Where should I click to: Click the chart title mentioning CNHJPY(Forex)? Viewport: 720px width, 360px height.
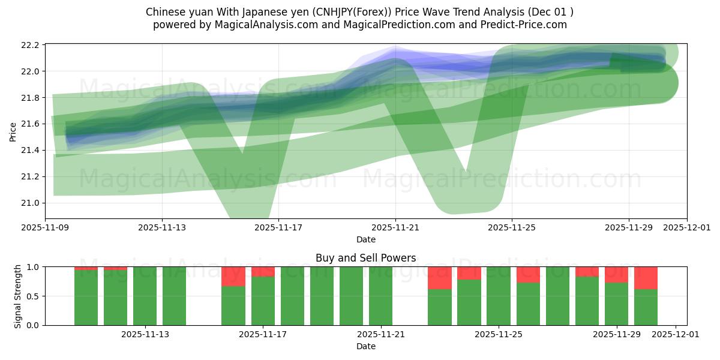(x=359, y=12)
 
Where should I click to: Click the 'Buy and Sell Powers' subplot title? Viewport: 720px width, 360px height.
(x=365, y=258)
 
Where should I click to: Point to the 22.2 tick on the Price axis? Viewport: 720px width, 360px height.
(x=31, y=45)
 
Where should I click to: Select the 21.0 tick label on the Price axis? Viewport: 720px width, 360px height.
(x=31, y=203)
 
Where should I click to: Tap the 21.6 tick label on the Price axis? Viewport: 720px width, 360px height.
(x=31, y=124)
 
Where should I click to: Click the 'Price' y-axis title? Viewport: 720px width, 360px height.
(x=13, y=132)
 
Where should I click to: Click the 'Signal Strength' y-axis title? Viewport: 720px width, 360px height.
(x=18, y=296)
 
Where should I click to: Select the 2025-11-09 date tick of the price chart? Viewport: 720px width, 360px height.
(x=46, y=228)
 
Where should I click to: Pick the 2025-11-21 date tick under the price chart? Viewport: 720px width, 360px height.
(x=395, y=228)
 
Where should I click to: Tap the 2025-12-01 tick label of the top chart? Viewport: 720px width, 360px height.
(x=686, y=228)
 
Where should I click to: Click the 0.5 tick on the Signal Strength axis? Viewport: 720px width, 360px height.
(x=34, y=296)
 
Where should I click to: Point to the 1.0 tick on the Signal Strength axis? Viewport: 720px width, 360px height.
(x=34, y=267)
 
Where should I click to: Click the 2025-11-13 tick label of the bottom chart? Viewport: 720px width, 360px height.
(x=145, y=335)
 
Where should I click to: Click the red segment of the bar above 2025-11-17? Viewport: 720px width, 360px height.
(x=263, y=271)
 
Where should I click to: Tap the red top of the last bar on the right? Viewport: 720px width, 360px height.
(x=646, y=277)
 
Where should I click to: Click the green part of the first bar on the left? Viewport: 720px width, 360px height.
(x=86, y=298)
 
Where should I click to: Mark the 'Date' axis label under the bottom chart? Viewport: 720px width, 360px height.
(x=365, y=346)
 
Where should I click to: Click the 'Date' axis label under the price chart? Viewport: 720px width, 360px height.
(x=365, y=239)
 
